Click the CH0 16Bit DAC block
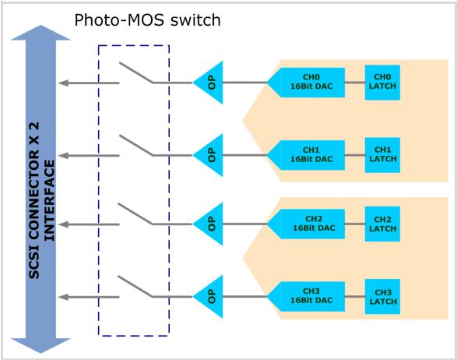tap(306, 83)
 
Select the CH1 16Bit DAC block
tap(306, 155)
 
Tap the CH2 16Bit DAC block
tap(306, 224)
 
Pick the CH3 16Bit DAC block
tap(306, 297)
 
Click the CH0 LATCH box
tap(382, 83)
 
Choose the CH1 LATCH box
tap(382, 155)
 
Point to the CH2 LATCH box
tap(382, 224)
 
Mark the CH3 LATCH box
tap(382, 297)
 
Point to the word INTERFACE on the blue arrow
tap(50, 200)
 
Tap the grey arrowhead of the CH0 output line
tap(63, 83)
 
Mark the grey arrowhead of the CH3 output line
tap(63, 297)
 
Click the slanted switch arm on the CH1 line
tap(136, 145)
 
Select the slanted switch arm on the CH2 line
tap(135, 214)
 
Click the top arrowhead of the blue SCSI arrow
tap(40, 32)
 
